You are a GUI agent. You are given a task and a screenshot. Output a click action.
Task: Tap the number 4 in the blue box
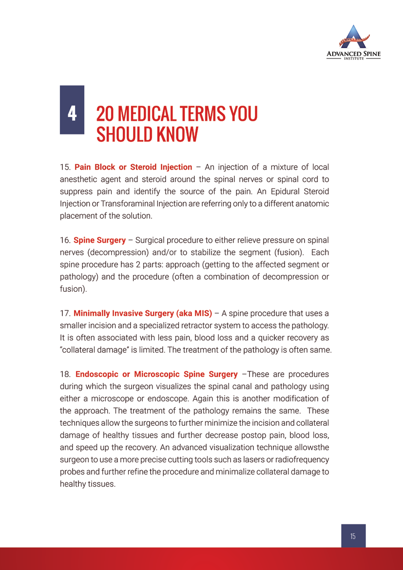pos(72,114)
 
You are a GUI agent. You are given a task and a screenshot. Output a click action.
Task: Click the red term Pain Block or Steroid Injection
pos(133,168)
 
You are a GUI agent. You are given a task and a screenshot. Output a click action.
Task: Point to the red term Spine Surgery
pos(99,240)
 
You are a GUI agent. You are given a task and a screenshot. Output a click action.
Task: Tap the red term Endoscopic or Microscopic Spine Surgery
pos(156,374)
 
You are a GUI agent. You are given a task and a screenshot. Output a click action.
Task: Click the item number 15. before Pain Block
pos(65,168)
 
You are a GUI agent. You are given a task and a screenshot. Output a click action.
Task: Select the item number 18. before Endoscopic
pos(65,374)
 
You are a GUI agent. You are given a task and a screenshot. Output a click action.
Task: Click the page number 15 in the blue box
pos(353,536)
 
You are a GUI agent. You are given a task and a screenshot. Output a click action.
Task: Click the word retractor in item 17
pos(217,325)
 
